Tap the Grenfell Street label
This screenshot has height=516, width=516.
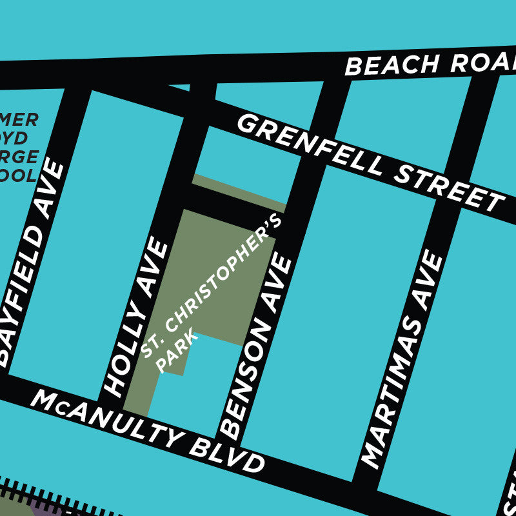click(x=371, y=162)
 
